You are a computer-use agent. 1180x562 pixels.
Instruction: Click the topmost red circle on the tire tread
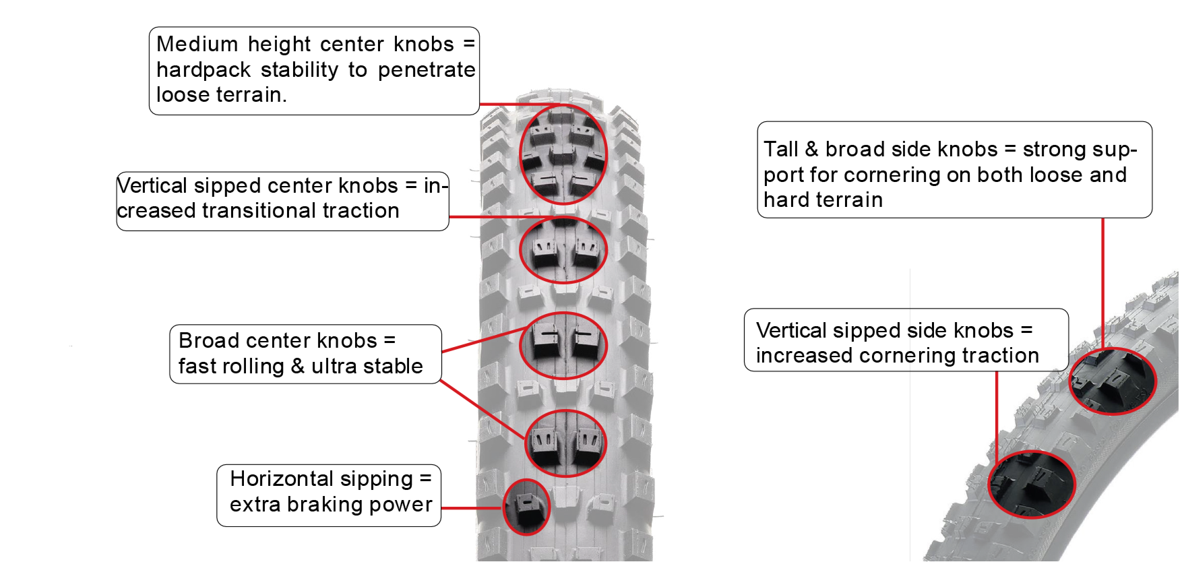pyautogui.click(x=563, y=154)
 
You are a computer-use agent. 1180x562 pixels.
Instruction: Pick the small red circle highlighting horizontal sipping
pyautogui.click(x=526, y=507)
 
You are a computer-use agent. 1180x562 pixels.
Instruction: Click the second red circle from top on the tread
pyautogui.click(x=563, y=249)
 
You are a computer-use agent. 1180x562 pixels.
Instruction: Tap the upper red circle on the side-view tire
pyautogui.click(x=1113, y=381)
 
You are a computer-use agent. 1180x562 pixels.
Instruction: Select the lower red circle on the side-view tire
pyautogui.click(x=1031, y=484)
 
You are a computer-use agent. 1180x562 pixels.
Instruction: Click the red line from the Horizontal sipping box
pyautogui.click(x=472, y=508)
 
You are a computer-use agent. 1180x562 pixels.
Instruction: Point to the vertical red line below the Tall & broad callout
pyautogui.click(x=1103, y=283)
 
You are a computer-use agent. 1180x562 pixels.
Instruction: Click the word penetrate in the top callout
pyautogui.click(x=427, y=70)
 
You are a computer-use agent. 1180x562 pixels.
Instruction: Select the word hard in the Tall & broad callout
pyautogui.click(x=784, y=200)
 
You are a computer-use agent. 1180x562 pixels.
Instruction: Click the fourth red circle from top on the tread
pyautogui.click(x=566, y=443)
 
